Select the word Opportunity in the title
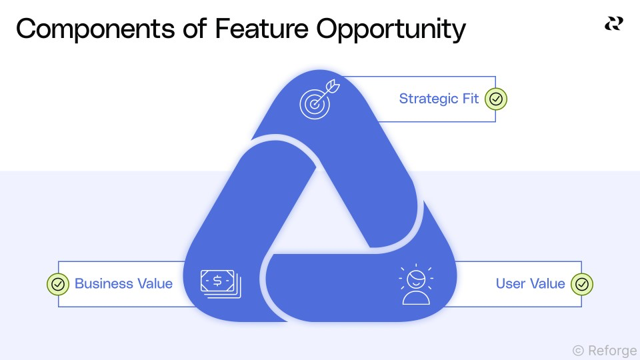pos(391,31)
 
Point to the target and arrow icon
pos(319,101)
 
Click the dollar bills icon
pos(221,283)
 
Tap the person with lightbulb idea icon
pos(415,285)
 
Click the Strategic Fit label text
pos(439,99)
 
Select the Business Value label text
pos(123,283)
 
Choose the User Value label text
pos(530,283)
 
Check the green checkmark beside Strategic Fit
pos(496,99)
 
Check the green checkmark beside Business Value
pos(58,284)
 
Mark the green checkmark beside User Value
pos(582,284)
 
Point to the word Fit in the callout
pos(470,99)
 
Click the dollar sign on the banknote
pos(217,281)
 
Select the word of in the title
pos(193,29)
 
